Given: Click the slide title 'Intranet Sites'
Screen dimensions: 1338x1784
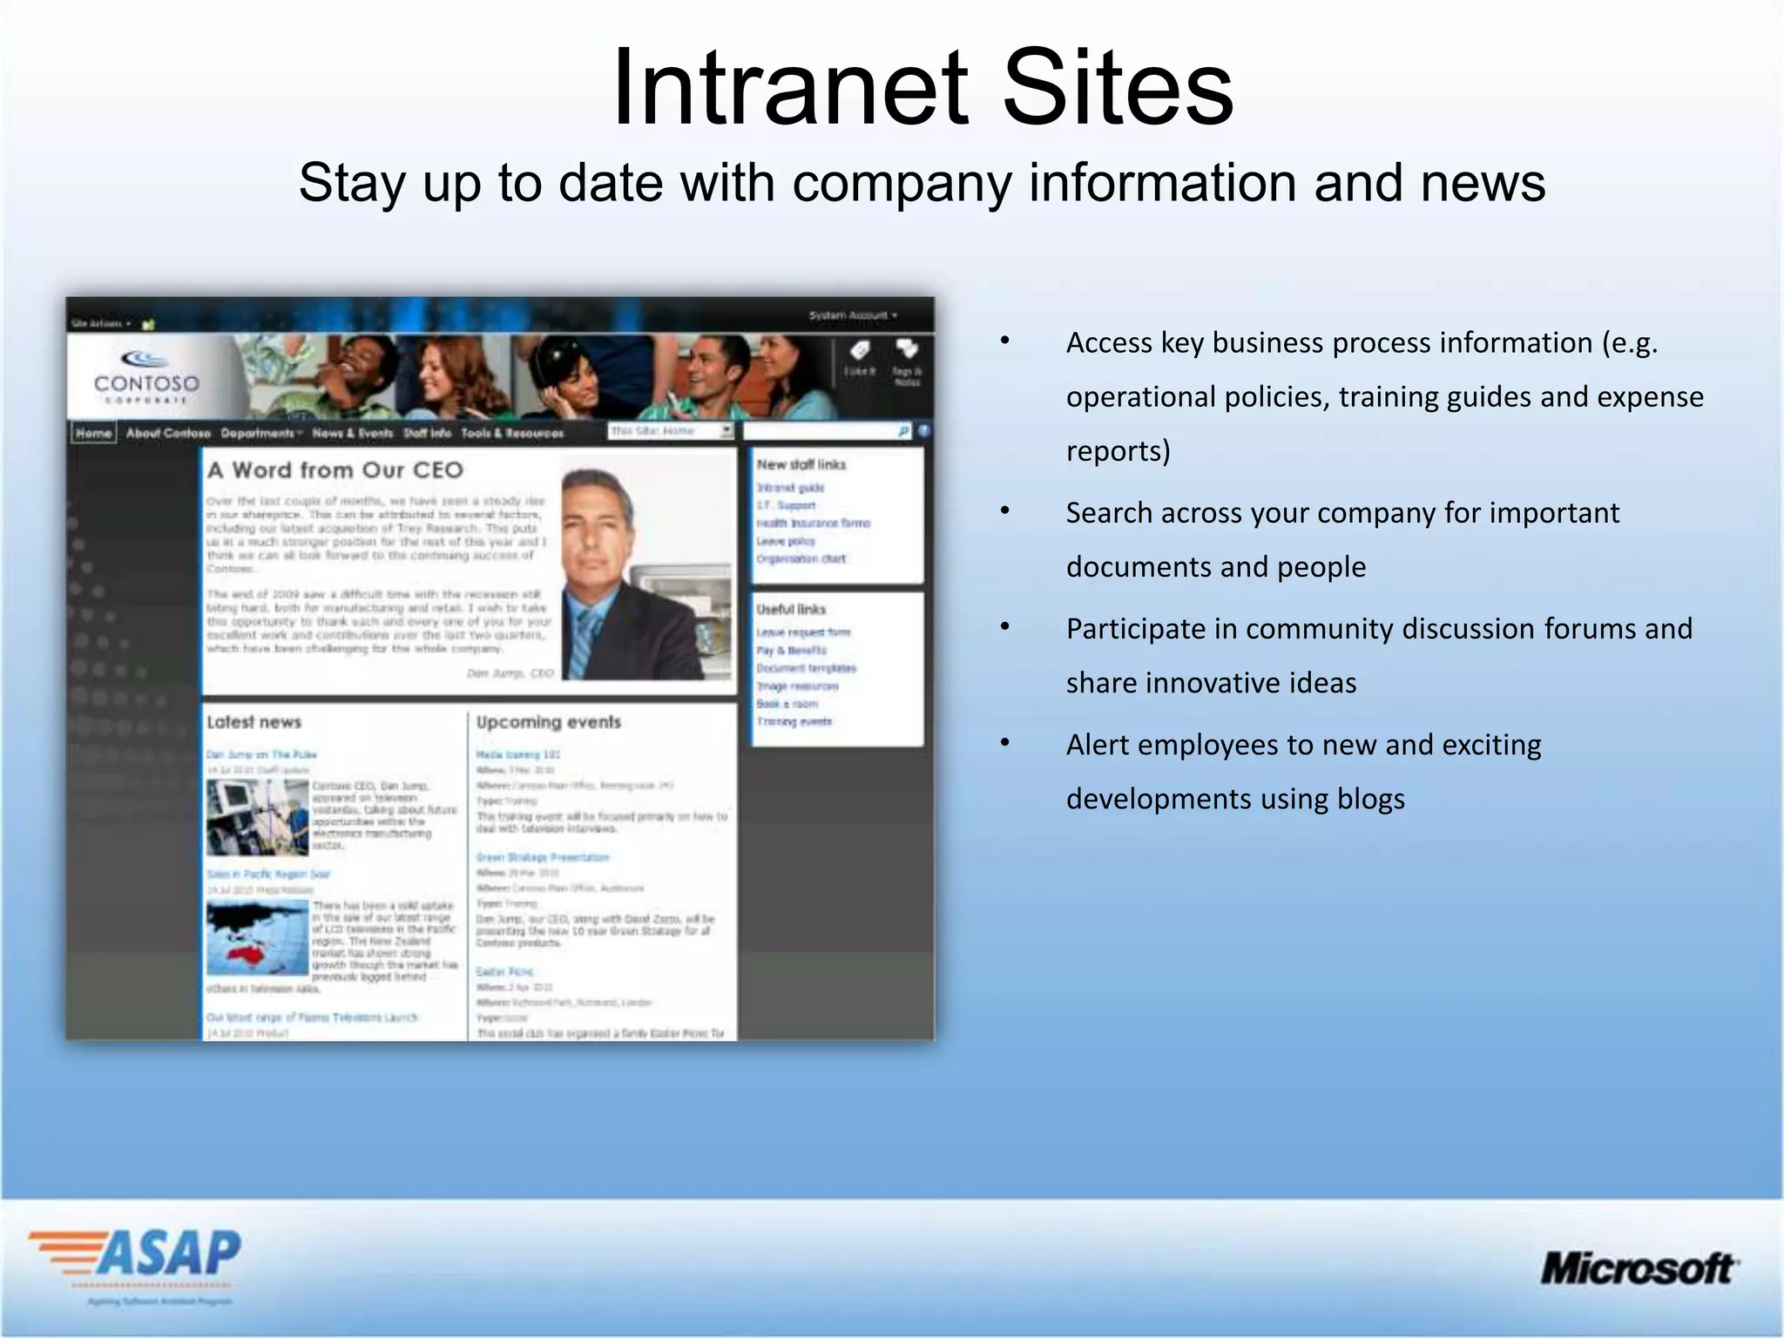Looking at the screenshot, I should coord(922,88).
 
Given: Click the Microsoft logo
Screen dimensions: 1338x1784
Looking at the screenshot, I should coord(1639,1268).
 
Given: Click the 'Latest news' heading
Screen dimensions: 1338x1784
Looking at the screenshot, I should coord(253,722).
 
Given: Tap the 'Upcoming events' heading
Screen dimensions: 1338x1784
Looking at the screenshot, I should coord(548,722).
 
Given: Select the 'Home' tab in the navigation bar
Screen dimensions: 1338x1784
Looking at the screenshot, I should coord(93,433).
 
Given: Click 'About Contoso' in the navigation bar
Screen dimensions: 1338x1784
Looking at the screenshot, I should coord(168,433).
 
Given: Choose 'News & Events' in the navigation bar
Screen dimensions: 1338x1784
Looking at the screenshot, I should coord(352,433).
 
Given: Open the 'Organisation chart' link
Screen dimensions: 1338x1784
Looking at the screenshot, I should coord(801,558).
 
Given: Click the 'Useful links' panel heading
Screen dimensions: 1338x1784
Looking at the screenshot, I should coord(790,609).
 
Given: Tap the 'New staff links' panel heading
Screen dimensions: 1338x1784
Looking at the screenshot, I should coord(801,464).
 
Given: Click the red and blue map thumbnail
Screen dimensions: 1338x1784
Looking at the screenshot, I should coord(257,937).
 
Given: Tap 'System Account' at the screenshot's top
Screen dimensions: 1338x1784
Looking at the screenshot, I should coord(850,315).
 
